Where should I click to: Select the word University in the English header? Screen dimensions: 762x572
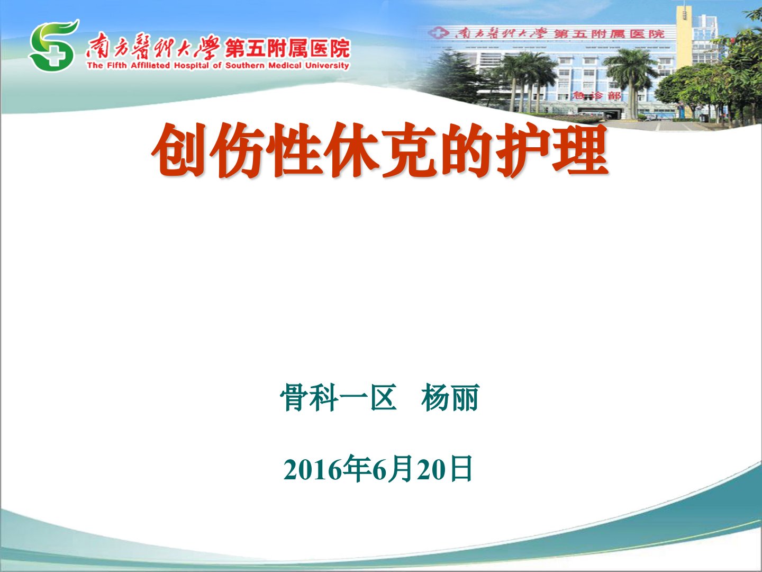[327, 65]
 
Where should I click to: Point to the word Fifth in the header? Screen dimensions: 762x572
[116, 65]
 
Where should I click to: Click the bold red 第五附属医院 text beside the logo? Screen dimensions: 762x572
[287, 49]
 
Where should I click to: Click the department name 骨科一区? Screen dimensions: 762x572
[339, 398]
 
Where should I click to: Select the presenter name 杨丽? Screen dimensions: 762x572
[451, 398]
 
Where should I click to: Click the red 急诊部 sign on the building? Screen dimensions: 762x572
[596, 95]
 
